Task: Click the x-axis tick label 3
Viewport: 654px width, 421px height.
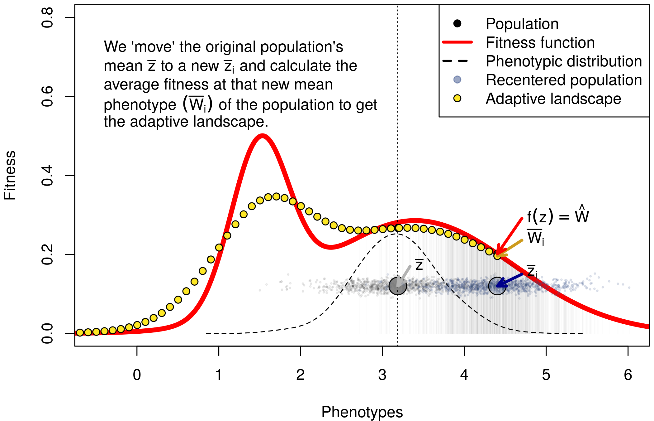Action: [382, 375]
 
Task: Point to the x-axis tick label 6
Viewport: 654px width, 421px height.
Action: [628, 375]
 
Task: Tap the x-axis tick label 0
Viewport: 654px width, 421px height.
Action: [137, 375]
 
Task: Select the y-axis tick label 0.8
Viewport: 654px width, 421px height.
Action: [47, 18]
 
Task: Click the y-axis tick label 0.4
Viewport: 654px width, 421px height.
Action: [47, 176]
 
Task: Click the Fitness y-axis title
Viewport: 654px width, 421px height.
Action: [10, 175]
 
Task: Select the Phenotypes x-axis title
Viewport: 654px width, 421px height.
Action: [362, 412]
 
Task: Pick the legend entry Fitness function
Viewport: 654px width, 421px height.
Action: [540, 42]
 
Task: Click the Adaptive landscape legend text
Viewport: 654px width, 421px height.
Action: [553, 99]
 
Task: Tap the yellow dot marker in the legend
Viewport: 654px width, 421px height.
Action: [457, 99]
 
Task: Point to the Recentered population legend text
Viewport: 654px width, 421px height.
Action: [564, 80]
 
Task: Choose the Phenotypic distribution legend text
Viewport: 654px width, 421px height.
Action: [564, 61]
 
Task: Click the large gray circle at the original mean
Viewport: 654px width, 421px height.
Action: [398, 286]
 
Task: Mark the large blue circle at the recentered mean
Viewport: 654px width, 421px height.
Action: [497, 286]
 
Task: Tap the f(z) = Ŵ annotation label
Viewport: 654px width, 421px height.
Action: [557, 216]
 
